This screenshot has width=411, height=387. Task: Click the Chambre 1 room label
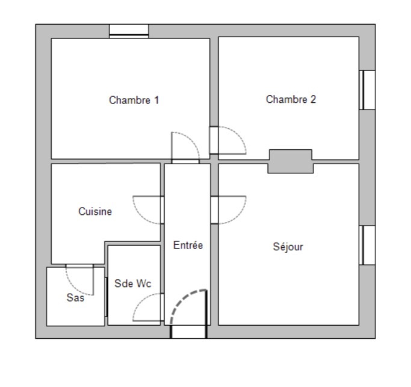(x=134, y=100)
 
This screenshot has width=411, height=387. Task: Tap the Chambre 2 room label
(x=291, y=99)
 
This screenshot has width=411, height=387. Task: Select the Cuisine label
(x=95, y=211)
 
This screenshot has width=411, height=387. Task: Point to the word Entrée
(x=188, y=245)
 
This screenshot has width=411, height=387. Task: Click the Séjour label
(x=288, y=247)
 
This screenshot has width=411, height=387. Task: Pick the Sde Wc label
(x=133, y=283)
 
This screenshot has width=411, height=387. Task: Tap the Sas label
(x=75, y=297)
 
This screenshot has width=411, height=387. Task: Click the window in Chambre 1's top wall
(x=129, y=31)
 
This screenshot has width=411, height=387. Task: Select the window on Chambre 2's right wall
(x=367, y=90)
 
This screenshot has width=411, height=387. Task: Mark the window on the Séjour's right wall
(x=367, y=246)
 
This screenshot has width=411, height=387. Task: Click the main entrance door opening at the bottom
(x=188, y=332)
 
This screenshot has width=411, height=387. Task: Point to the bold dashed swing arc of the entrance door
(x=183, y=298)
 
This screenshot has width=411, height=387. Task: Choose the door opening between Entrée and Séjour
(x=214, y=210)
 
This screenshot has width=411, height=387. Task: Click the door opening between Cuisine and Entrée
(x=162, y=210)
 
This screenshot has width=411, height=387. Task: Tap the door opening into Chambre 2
(x=214, y=140)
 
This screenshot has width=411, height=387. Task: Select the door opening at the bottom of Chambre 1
(x=185, y=161)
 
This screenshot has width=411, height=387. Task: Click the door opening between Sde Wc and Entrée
(x=162, y=307)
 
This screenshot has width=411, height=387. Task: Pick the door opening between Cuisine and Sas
(x=79, y=265)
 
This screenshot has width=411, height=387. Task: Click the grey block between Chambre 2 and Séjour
(x=291, y=161)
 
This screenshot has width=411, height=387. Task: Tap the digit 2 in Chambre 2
(x=314, y=99)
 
